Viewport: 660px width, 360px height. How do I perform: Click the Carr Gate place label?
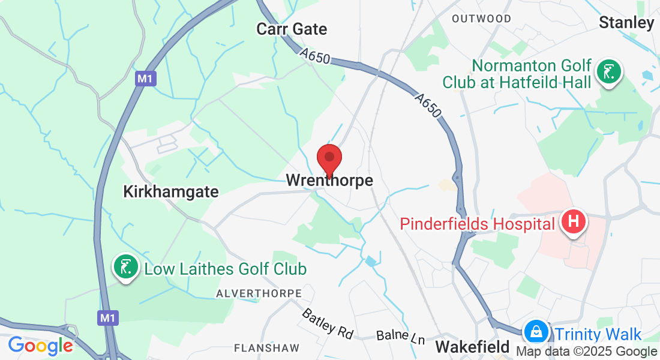pyautogui.click(x=292, y=29)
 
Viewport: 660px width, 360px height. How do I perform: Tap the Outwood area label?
pyautogui.click(x=482, y=19)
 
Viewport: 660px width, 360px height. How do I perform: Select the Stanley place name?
pyautogui.click(x=626, y=23)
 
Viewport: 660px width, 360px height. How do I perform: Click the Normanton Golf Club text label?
pyautogui.click(x=517, y=74)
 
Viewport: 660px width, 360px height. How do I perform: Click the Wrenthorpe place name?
pyautogui.click(x=329, y=180)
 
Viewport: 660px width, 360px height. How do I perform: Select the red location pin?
pyautogui.click(x=329, y=159)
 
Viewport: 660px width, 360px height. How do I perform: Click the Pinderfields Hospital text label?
pyautogui.click(x=478, y=224)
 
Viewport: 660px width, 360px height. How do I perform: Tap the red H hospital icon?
pyautogui.click(x=573, y=221)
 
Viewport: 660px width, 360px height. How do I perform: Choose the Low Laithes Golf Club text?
pyautogui.click(x=225, y=269)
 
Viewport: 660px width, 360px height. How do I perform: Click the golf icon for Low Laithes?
pyautogui.click(x=125, y=266)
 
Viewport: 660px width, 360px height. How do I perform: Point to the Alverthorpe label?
pyautogui.click(x=259, y=293)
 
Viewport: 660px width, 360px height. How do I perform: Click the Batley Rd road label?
pyautogui.click(x=328, y=323)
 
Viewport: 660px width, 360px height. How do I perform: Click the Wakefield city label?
pyautogui.click(x=472, y=347)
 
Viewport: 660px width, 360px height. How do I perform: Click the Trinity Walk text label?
pyautogui.click(x=598, y=335)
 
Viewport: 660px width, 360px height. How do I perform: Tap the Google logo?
pyautogui.click(x=40, y=346)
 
